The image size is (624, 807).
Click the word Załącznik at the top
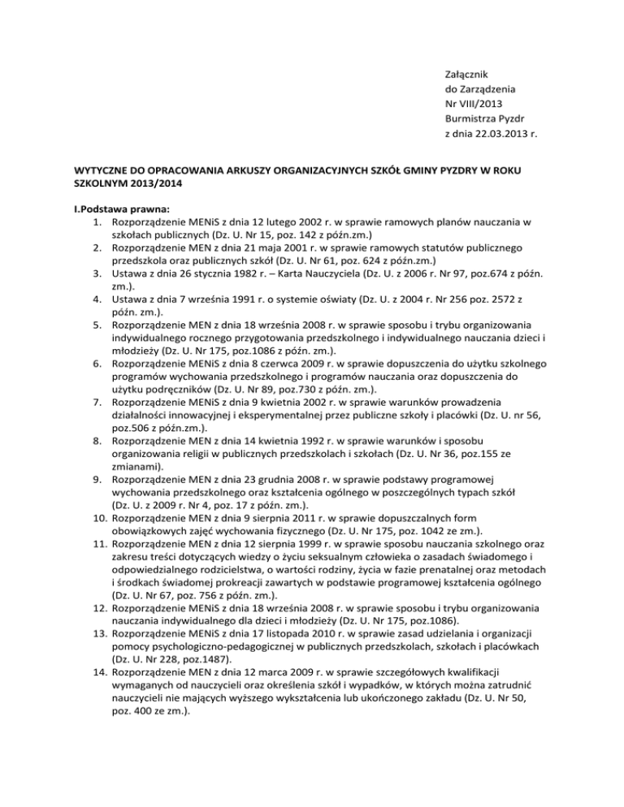(458, 73)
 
